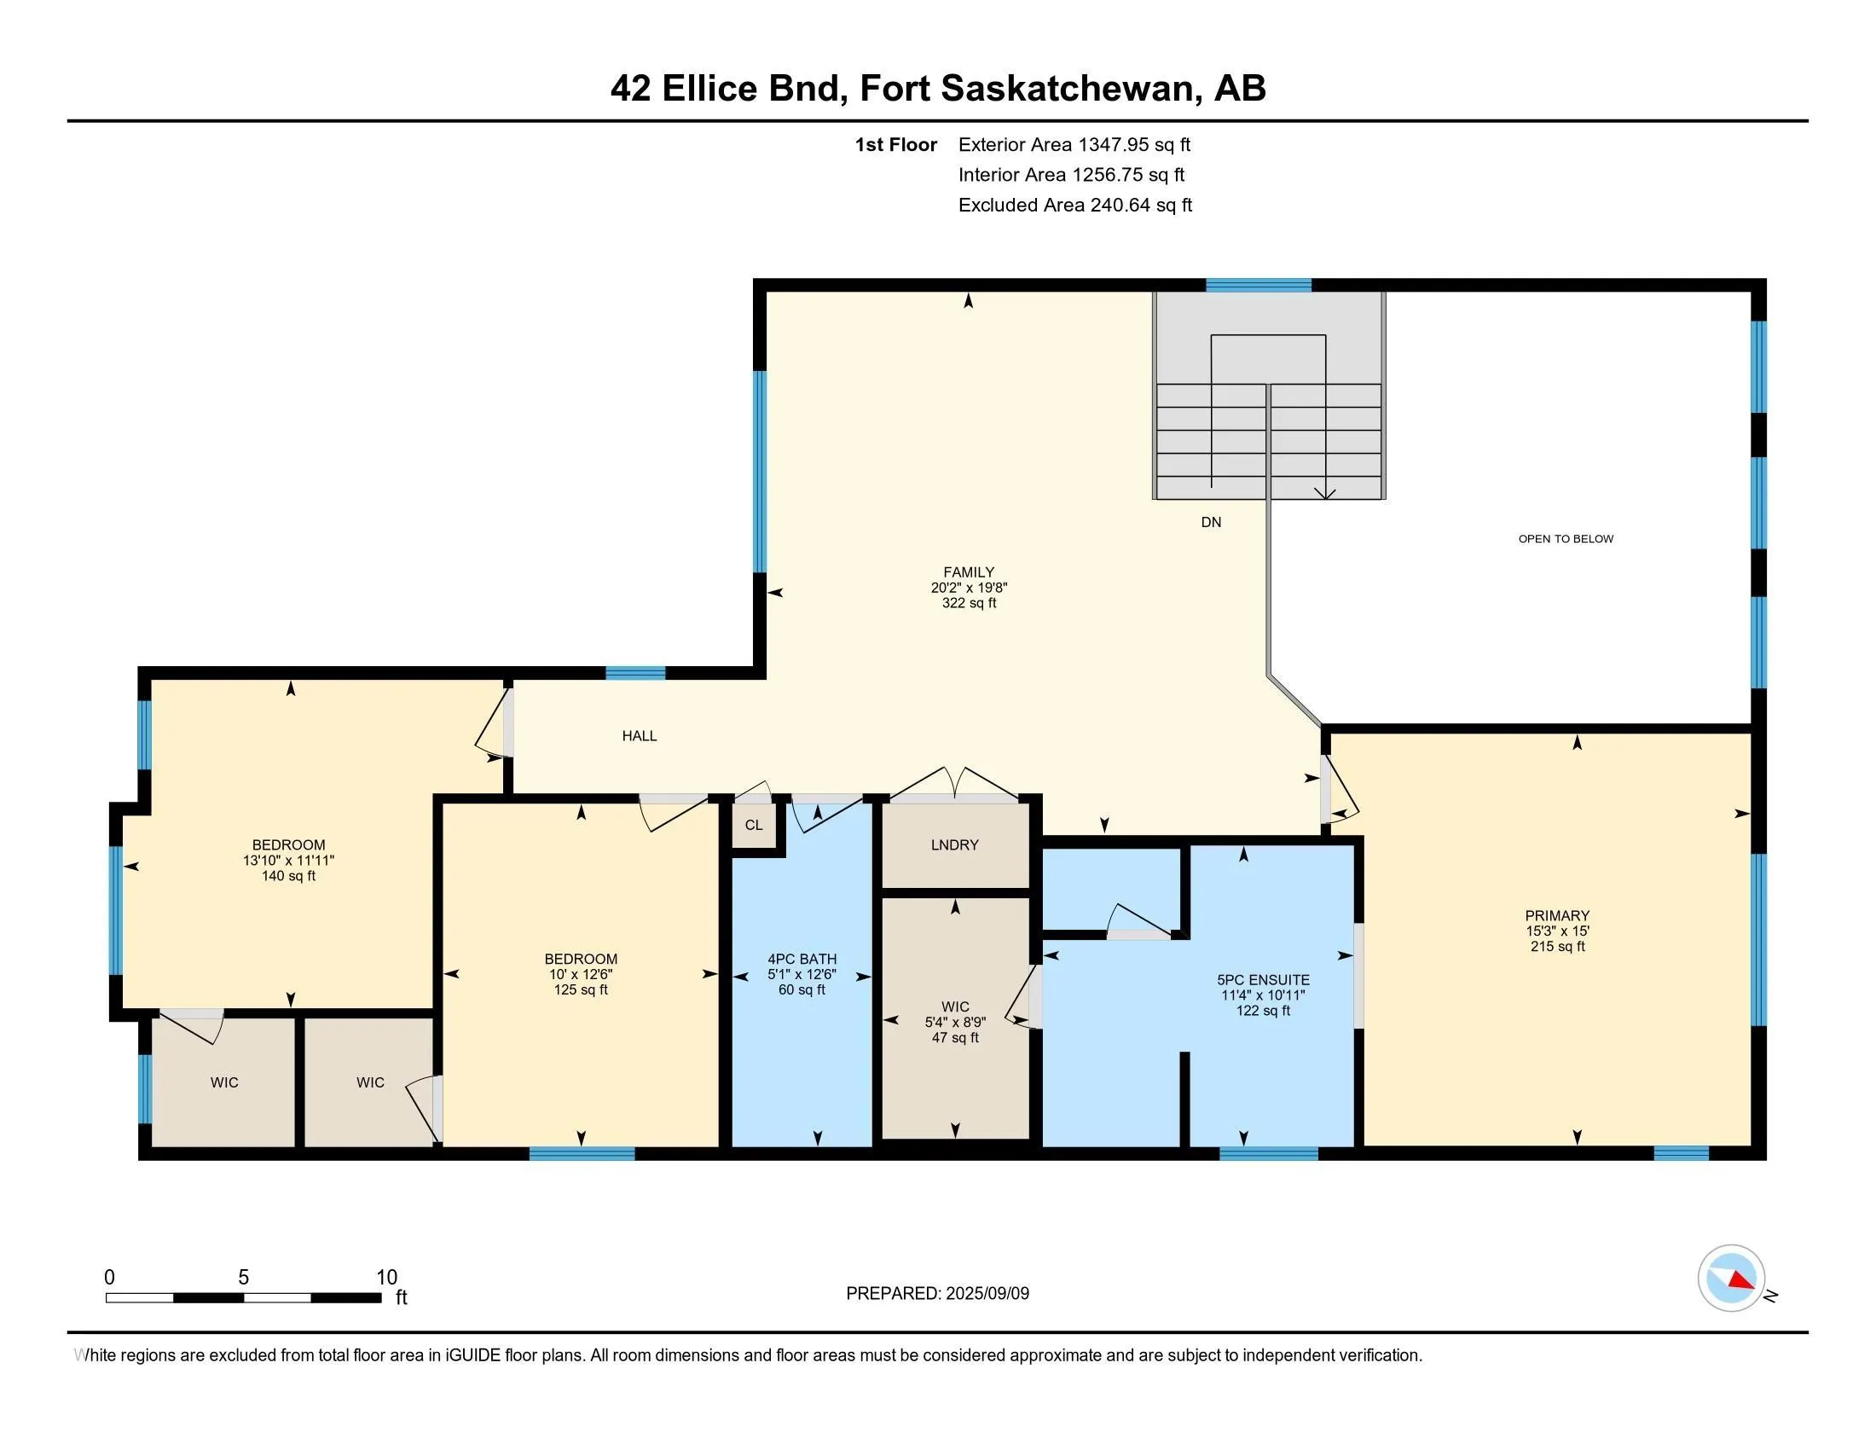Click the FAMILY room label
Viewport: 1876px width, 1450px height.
click(968, 572)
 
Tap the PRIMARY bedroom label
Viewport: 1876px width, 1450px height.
click(1556, 916)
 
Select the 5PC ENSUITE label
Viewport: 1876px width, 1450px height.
click(1263, 979)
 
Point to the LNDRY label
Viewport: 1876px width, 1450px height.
click(954, 845)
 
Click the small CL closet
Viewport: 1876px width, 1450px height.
click(753, 826)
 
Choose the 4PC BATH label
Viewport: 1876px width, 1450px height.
click(802, 959)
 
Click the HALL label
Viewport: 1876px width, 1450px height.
click(639, 736)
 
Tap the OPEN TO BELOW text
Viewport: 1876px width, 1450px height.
click(1565, 539)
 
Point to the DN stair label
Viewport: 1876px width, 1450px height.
click(1210, 522)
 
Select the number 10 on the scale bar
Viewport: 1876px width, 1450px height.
click(386, 1278)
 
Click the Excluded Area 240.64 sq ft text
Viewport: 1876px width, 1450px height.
click(1074, 206)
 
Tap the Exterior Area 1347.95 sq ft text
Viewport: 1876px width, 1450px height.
click(1074, 145)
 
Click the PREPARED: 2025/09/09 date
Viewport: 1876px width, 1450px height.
click(937, 1294)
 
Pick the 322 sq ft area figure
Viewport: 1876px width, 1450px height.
click(968, 604)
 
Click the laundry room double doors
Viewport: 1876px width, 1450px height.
click(954, 783)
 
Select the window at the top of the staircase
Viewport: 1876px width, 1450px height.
click(1258, 286)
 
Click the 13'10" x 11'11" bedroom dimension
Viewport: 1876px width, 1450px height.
click(287, 861)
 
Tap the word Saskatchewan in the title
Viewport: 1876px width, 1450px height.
click(1067, 89)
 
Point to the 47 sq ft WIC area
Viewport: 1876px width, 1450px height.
click(954, 1038)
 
